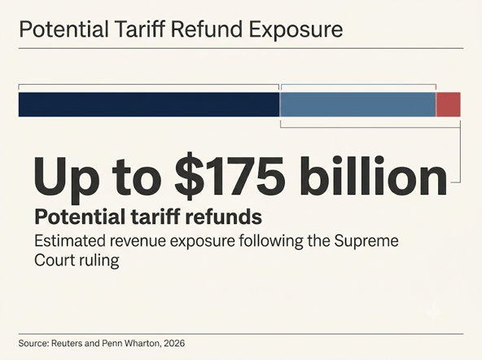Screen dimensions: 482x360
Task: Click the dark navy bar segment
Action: coord(149,104)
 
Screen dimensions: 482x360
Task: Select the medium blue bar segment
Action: coord(357,104)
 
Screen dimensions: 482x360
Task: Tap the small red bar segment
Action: coord(448,104)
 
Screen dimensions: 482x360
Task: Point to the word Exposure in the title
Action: coord(296,30)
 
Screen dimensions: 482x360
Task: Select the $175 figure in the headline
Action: coord(230,178)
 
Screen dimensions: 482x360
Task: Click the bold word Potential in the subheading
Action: coord(81,217)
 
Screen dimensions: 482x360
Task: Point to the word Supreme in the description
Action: coord(366,241)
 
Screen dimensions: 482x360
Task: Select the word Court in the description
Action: coord(55,261)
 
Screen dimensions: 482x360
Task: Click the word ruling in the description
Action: coord(99,261)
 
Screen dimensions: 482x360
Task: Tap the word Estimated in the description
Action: coord(70,241)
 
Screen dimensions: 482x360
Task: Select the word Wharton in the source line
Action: coord(143,344)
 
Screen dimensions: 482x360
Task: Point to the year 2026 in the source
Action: coord(174,343)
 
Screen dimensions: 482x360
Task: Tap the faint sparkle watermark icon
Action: coord(433,311)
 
